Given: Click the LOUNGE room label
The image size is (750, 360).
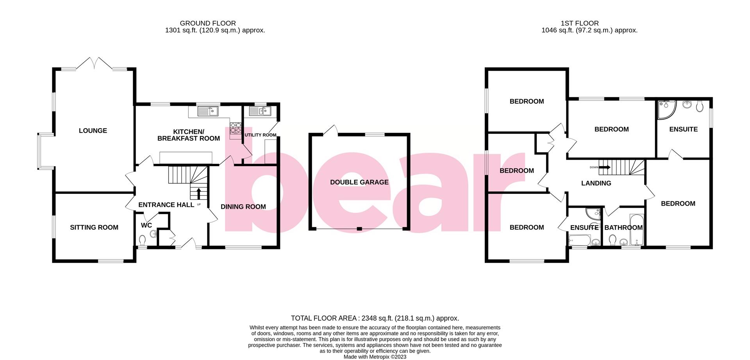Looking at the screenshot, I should pyautogui.click(x=93, y=131).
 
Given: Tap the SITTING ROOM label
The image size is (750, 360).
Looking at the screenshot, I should pyautogui.click(x=94, y=227).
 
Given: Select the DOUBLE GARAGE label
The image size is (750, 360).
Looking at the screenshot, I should pyautogui.click(x=359, y=182).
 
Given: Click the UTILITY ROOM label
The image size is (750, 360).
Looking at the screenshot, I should pyautogui.click(x=261, y=135).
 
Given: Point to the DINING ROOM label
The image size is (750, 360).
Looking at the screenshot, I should pyautogui.click(x=243, y=207).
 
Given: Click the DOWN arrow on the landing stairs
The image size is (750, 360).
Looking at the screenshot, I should pyautogui.click(x=605, y=167).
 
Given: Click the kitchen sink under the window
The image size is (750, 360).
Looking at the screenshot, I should pyautogui.click(x=208, y=111).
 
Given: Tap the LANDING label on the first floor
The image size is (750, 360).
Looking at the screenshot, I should pyautogui.click(x=596, y=183).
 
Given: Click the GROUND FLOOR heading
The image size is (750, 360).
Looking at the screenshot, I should pyautogui.click(x=208, y=23).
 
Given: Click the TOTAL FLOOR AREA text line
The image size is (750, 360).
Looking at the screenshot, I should pyautogui.click(x=375, y=318).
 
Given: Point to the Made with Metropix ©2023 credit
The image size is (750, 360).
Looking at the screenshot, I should pyautogui.click(x=375, y=357).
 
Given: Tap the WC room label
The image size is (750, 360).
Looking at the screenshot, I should pyautogui.click(x=146, y=225).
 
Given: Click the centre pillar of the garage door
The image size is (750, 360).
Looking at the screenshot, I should pyautogui.click(x=359, y=229).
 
